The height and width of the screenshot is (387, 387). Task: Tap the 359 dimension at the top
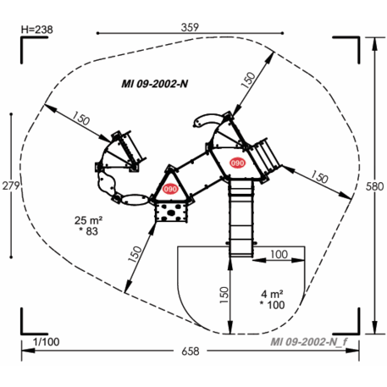coord(190,27)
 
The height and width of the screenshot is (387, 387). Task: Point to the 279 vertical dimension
coord(10,185)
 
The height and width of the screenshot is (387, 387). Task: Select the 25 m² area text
coord(90,218)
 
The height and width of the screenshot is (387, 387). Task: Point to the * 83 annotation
coord(91,231)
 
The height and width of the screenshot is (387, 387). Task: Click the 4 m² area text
coord(271,292)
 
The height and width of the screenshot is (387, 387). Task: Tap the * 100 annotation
coord(272,304)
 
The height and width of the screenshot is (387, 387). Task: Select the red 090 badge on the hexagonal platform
coord(237,163)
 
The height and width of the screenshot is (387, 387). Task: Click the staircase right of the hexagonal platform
coord(268,154)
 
